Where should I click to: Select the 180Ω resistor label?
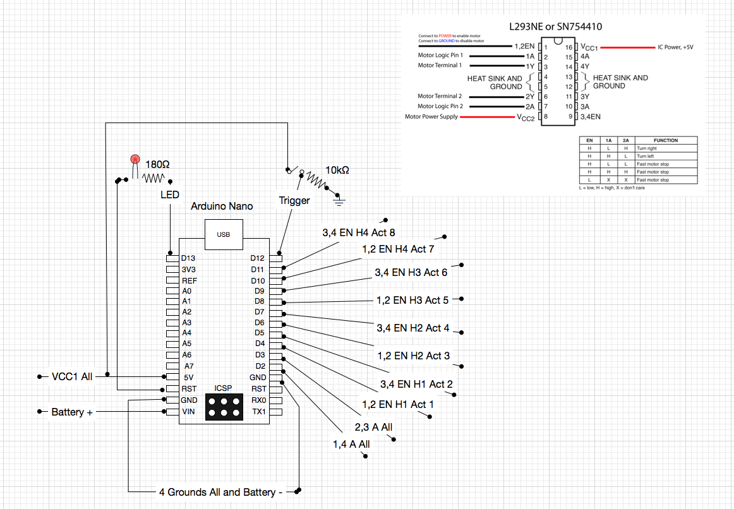[157, 165]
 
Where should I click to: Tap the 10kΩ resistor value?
[337, 171]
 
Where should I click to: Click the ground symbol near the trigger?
[339, 200]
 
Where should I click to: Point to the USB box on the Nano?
[224, 234]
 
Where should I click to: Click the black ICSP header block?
[224, 407]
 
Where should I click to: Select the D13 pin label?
[188, 258]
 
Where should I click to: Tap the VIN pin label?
[188, 412]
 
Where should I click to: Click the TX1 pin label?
[259, 412]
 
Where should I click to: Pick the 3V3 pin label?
[189, 270]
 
